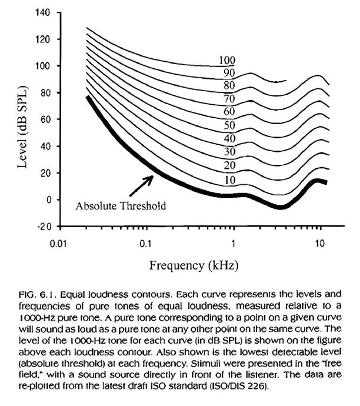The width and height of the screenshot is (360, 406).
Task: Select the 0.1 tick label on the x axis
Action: (146, 243)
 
